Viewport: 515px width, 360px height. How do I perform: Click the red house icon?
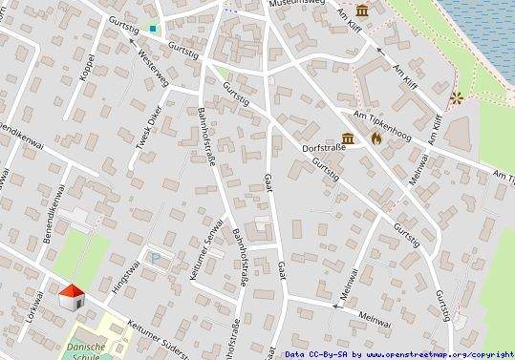pyautogui.click(x=73, y=296)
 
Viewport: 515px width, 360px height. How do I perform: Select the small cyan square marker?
pyautogui.click(x=153, y=30)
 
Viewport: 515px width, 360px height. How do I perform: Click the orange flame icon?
pyautogui.click(x=376, y=138)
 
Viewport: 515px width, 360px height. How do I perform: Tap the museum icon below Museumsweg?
pyautogui.click(x=363, y=11)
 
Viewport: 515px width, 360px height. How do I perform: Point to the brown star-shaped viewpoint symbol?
pyautogui.click(x=456, y=96)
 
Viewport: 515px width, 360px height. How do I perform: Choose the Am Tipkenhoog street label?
pyautogui.click(x=382, y=127)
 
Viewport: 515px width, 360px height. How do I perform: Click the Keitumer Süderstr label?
pyautogui.click(x=162, y=328)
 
